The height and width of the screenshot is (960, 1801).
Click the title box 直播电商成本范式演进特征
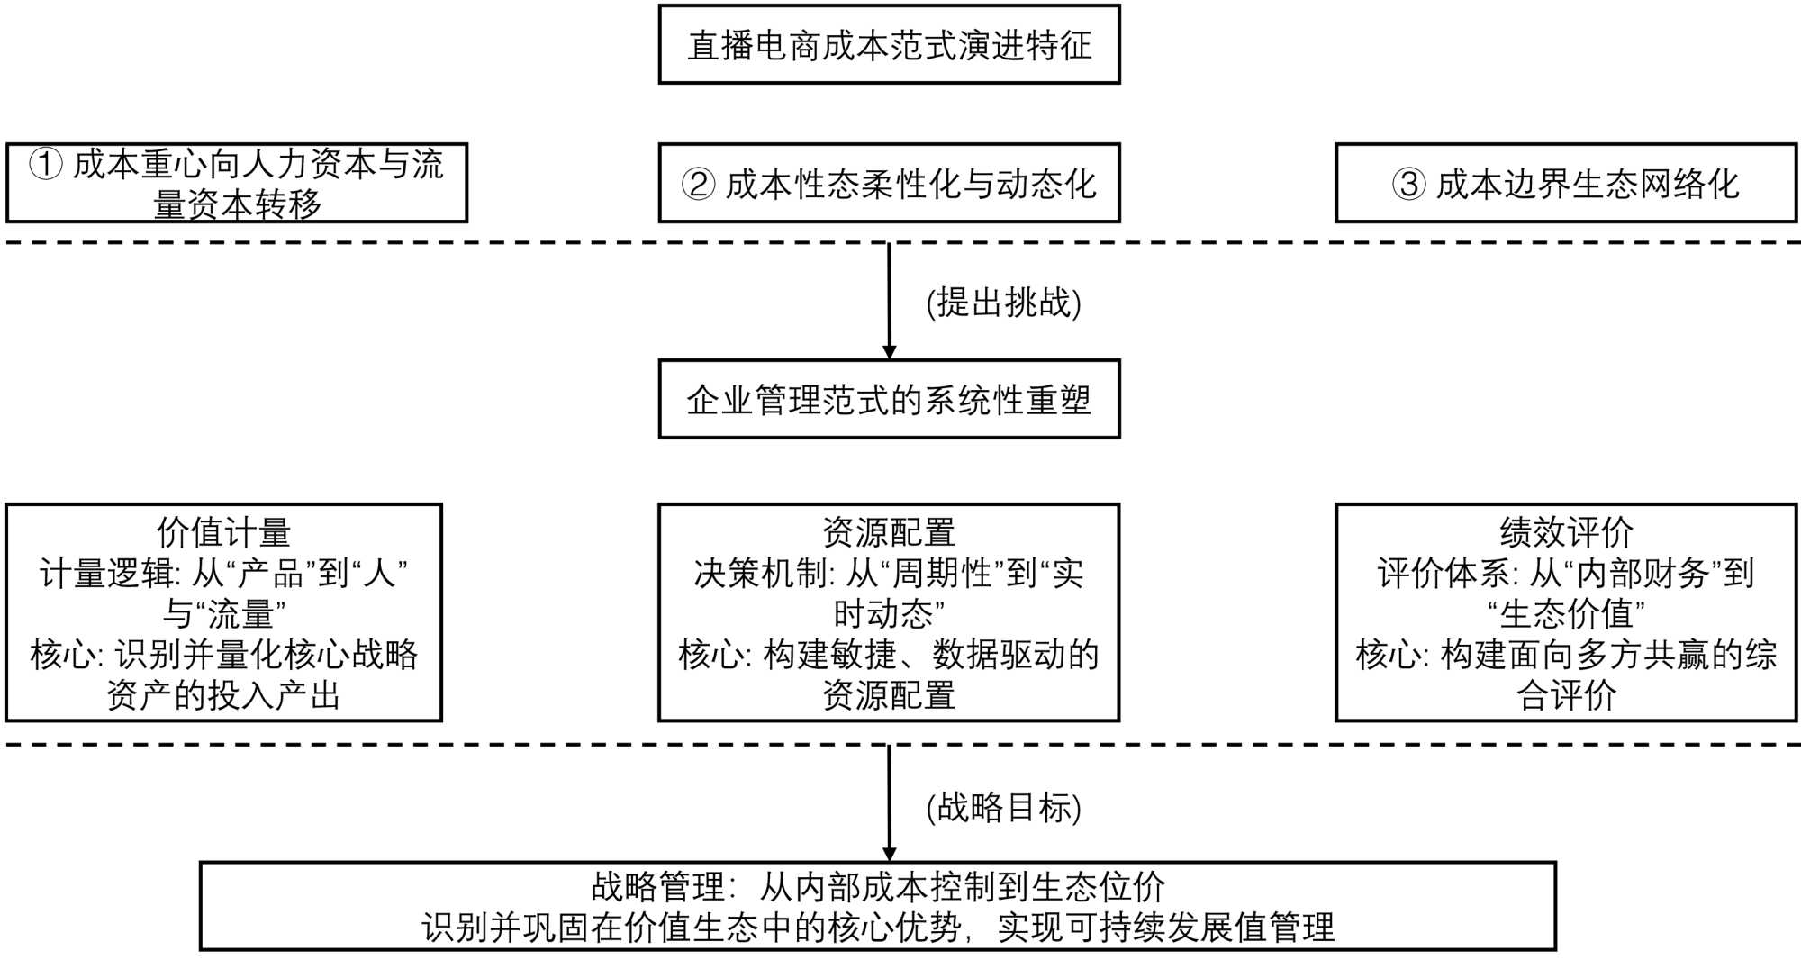click(889, 45)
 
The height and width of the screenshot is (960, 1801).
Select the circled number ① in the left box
click(46, 165)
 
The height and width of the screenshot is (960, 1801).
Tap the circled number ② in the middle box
click(699, 185)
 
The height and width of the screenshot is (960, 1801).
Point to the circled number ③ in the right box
click(1409, 185)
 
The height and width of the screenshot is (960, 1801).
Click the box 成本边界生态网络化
click(1565, 183)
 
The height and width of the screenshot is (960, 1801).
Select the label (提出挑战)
click(1003, 303)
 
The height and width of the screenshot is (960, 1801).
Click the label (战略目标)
click(1003, 807)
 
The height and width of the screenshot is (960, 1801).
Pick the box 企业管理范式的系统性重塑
click(889, 400)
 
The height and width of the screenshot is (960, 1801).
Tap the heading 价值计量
click(223, 532)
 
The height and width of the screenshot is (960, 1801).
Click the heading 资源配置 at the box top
click(889, 532)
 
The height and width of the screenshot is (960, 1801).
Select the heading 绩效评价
click(1566, 532)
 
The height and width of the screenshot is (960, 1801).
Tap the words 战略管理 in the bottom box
click(658, 887)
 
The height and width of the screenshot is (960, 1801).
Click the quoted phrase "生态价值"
click(1566, 614)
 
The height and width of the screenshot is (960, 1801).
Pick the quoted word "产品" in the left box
click(276, 574)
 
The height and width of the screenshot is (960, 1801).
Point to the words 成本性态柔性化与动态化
click(910, 185)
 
